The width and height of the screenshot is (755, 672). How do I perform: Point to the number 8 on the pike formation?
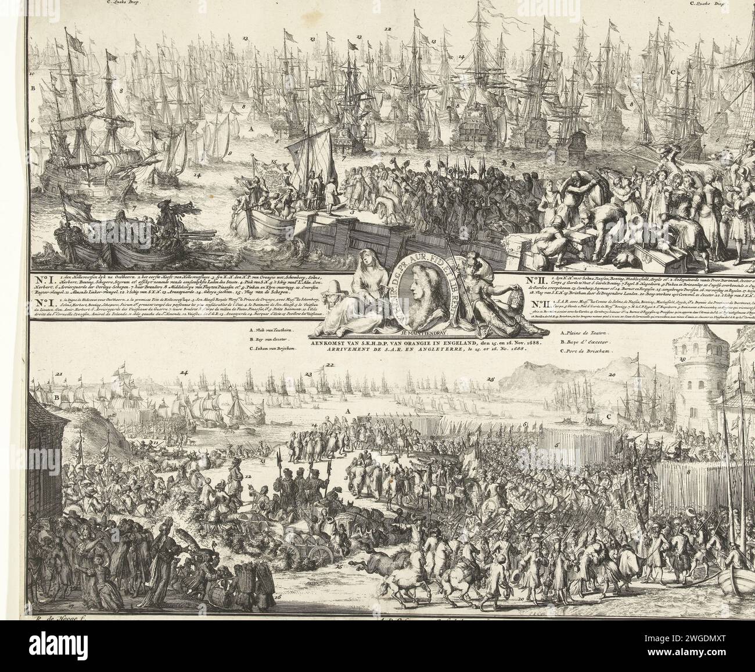click(x=688, y=473)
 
